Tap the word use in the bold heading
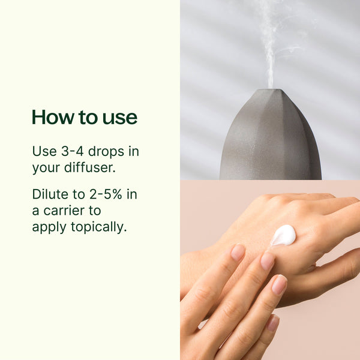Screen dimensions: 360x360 point(119,118)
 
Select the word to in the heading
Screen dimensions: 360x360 point(85,118)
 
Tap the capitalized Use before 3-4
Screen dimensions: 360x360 point(43,151)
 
